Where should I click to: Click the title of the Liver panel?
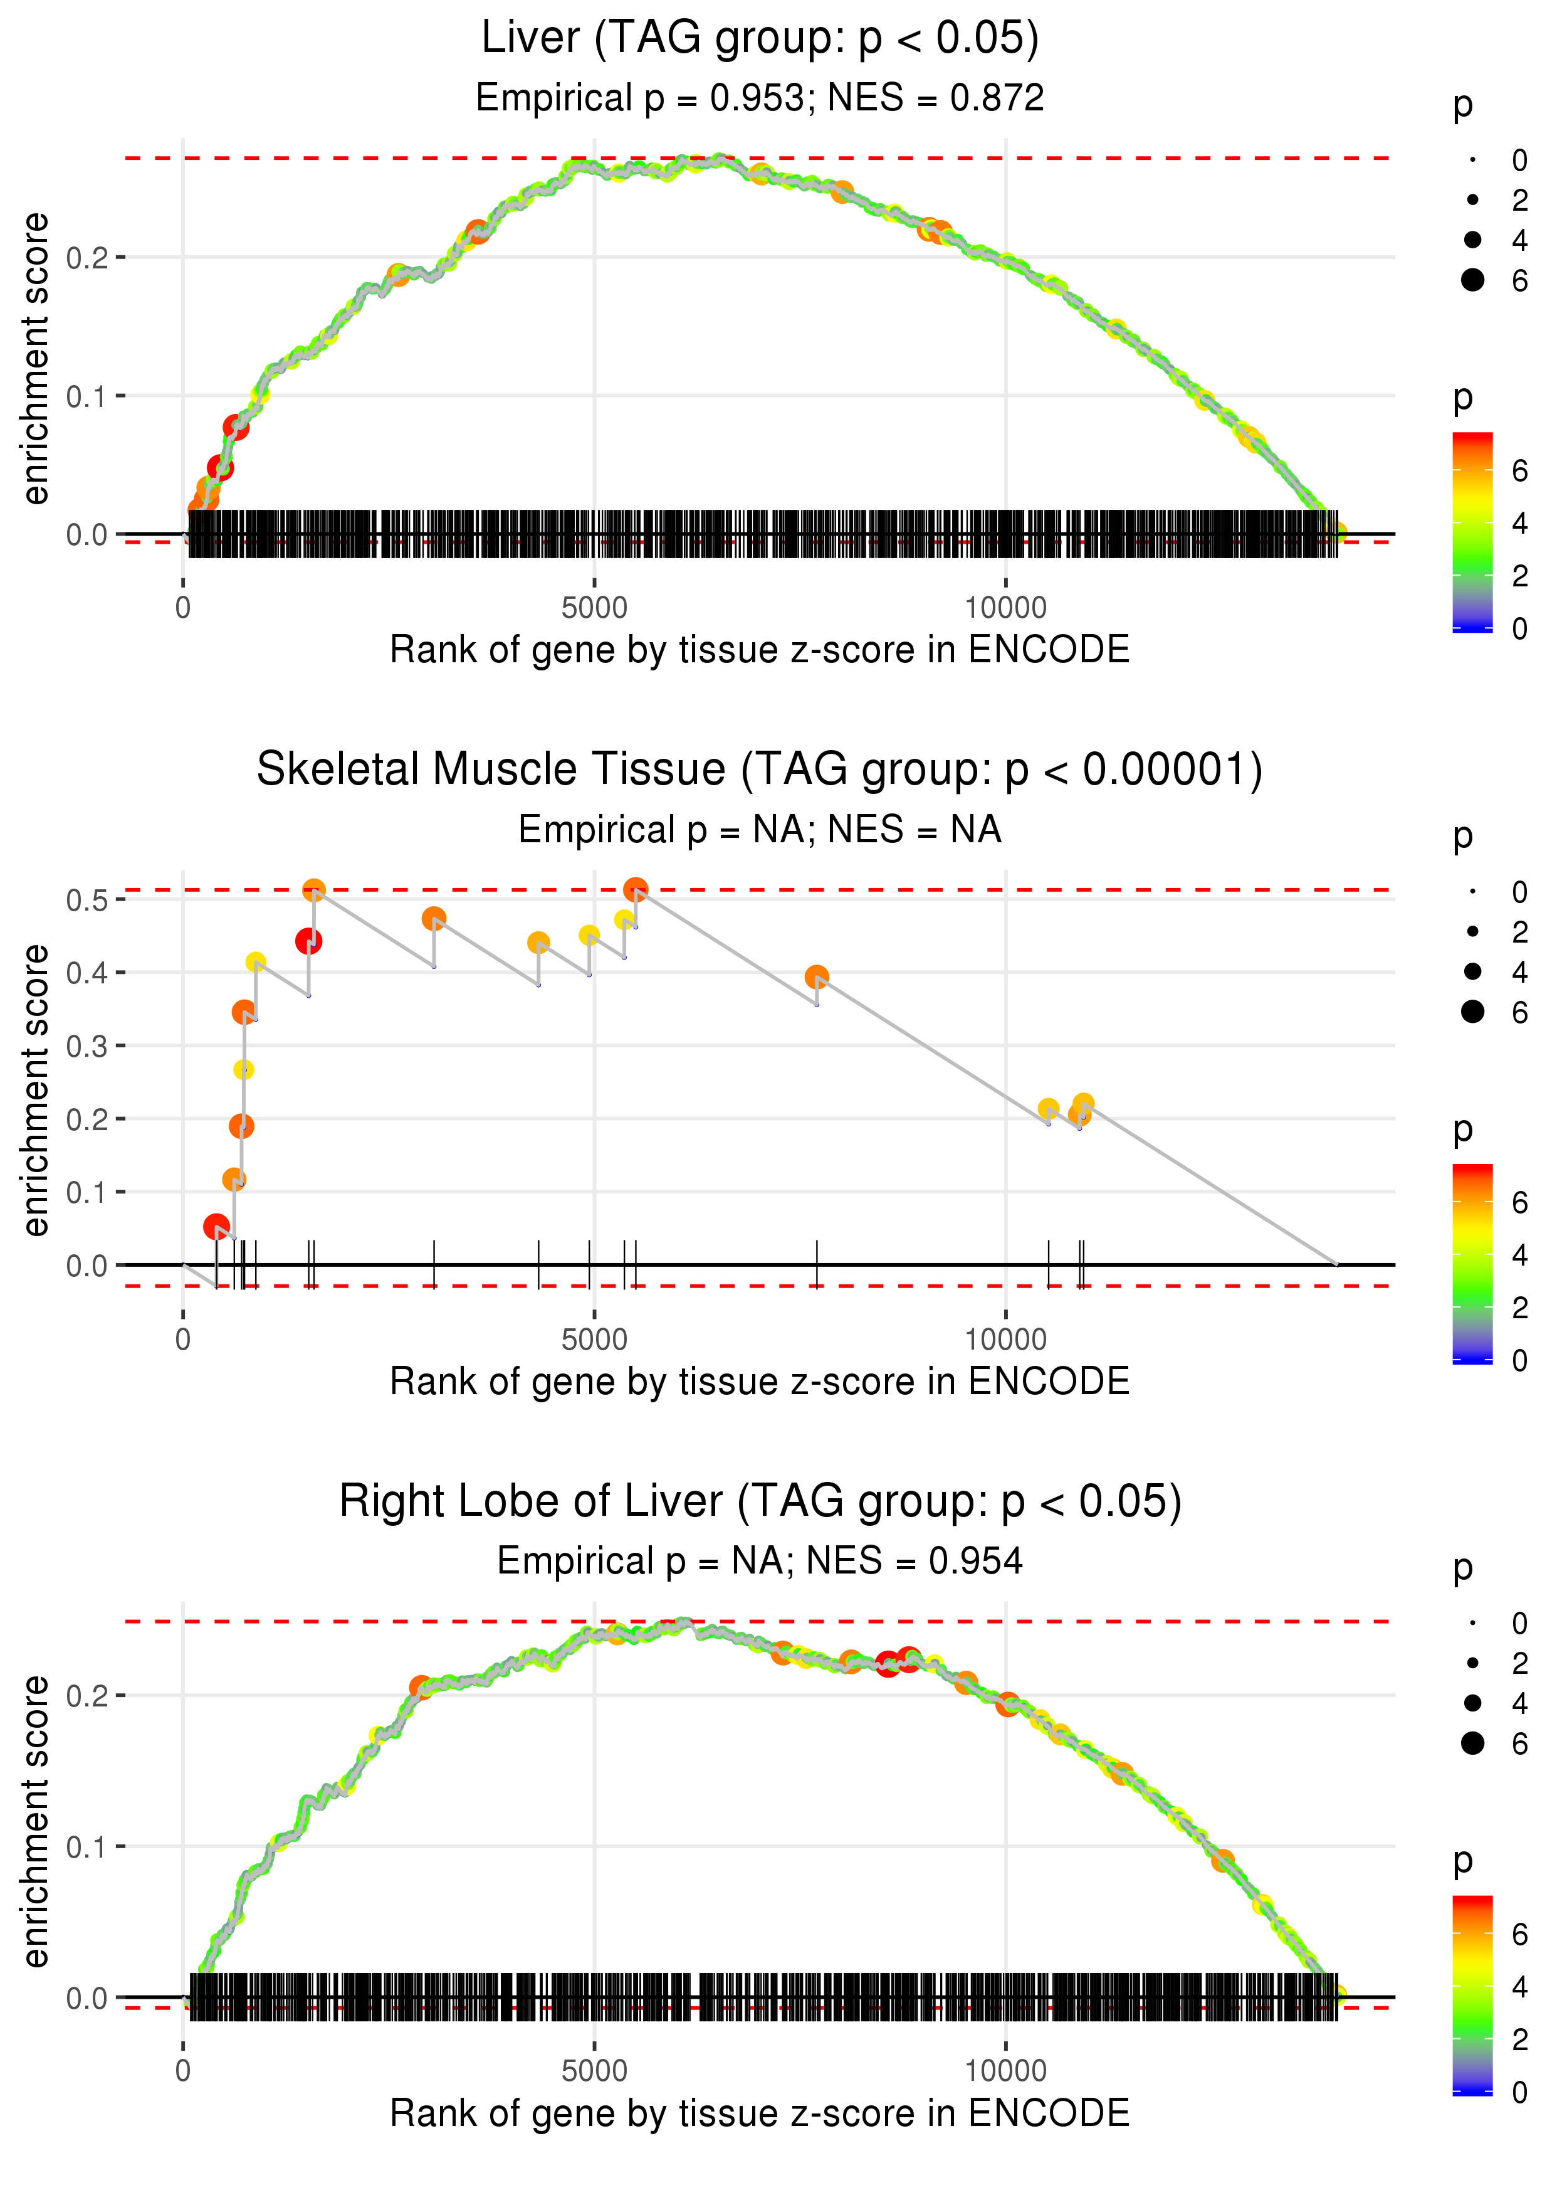[x=760, y=39]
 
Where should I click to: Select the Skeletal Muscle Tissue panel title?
[x=760, y=770]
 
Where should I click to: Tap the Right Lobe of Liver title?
[x=760, y=1501]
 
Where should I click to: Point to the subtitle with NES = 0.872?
[x=760, y=97]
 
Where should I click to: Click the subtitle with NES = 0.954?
[x=760, y=1561]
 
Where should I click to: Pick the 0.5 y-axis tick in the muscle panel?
[x=87, y=899]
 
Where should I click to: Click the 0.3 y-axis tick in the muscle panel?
[x=87, y=1046]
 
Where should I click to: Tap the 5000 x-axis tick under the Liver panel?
[x=594, y=608]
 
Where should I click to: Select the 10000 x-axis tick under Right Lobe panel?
[x=1005, y=2070]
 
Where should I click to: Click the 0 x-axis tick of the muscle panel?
[x=183, y=1339]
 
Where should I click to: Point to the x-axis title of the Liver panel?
[x=760, y=650]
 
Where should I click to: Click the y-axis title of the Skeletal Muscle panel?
[x=36, y=1090]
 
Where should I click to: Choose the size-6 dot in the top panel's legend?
[x=1472, y=280]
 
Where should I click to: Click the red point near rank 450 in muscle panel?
[x=216, y=1227]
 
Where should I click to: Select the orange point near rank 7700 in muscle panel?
[x=816, y=977]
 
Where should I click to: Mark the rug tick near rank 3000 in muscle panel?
[x=434, y=1264]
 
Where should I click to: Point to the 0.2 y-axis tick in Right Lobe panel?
[x=87, y=1696]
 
